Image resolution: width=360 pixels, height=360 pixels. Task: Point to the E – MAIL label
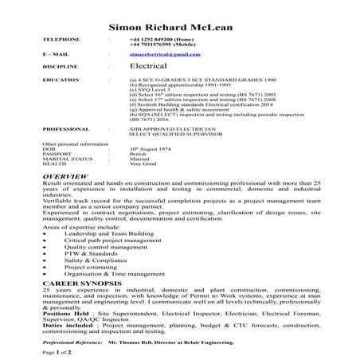tap(54, 54)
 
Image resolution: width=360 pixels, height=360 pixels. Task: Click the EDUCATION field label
tap(61, 81)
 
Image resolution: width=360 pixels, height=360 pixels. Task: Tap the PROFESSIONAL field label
tap(65, 127)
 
